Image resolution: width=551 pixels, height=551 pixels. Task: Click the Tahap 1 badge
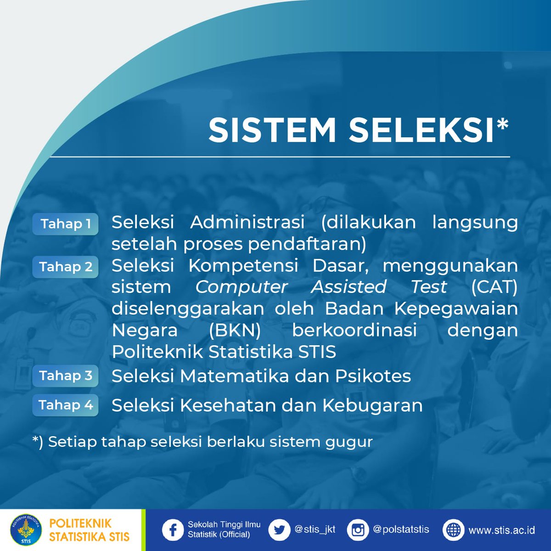[x=65, y=224]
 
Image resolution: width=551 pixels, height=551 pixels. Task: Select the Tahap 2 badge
[x=65, y=267]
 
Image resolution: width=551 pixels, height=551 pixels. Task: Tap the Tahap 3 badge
[x=65, y=376]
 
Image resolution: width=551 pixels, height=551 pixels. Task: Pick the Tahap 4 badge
[x=65, y=405]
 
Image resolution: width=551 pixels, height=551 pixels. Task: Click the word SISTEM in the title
[x=272, y=130]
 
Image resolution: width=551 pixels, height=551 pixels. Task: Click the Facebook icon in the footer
[x=173, y=530]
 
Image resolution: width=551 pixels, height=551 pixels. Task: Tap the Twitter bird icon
[x=279, y=530]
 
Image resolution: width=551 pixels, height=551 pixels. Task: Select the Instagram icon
[x=358, y=530]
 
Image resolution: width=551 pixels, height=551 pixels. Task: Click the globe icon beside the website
[x=453, y=530]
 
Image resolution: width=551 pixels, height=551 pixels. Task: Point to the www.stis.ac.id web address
[x=501, y=530]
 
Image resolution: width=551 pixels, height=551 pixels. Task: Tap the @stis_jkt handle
[x=315, y=529]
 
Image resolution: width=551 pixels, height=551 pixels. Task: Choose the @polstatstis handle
[x=401, y=529]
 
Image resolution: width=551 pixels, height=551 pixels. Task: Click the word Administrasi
[x=247, y=222]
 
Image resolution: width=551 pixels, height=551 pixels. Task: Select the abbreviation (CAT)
[x=495, y=287]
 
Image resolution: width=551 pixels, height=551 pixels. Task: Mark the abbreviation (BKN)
[x=235, y=330]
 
